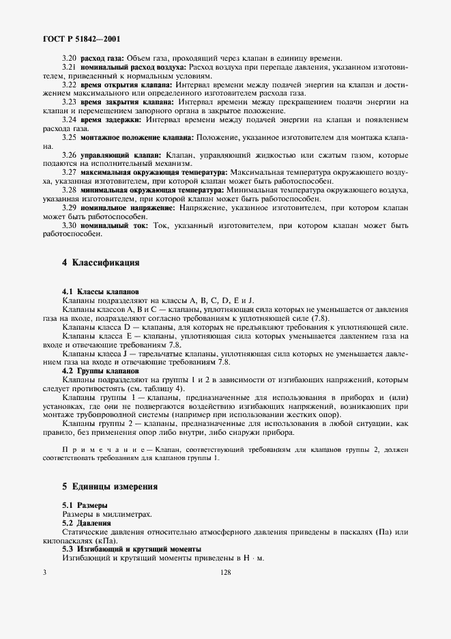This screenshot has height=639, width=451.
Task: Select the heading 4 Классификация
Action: tap(101, 262)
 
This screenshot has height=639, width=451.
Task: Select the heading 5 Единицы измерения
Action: tap(110, 487)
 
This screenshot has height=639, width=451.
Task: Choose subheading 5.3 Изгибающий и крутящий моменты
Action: tap(131, 549)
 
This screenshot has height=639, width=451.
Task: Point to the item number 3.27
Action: tap(70, 173)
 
